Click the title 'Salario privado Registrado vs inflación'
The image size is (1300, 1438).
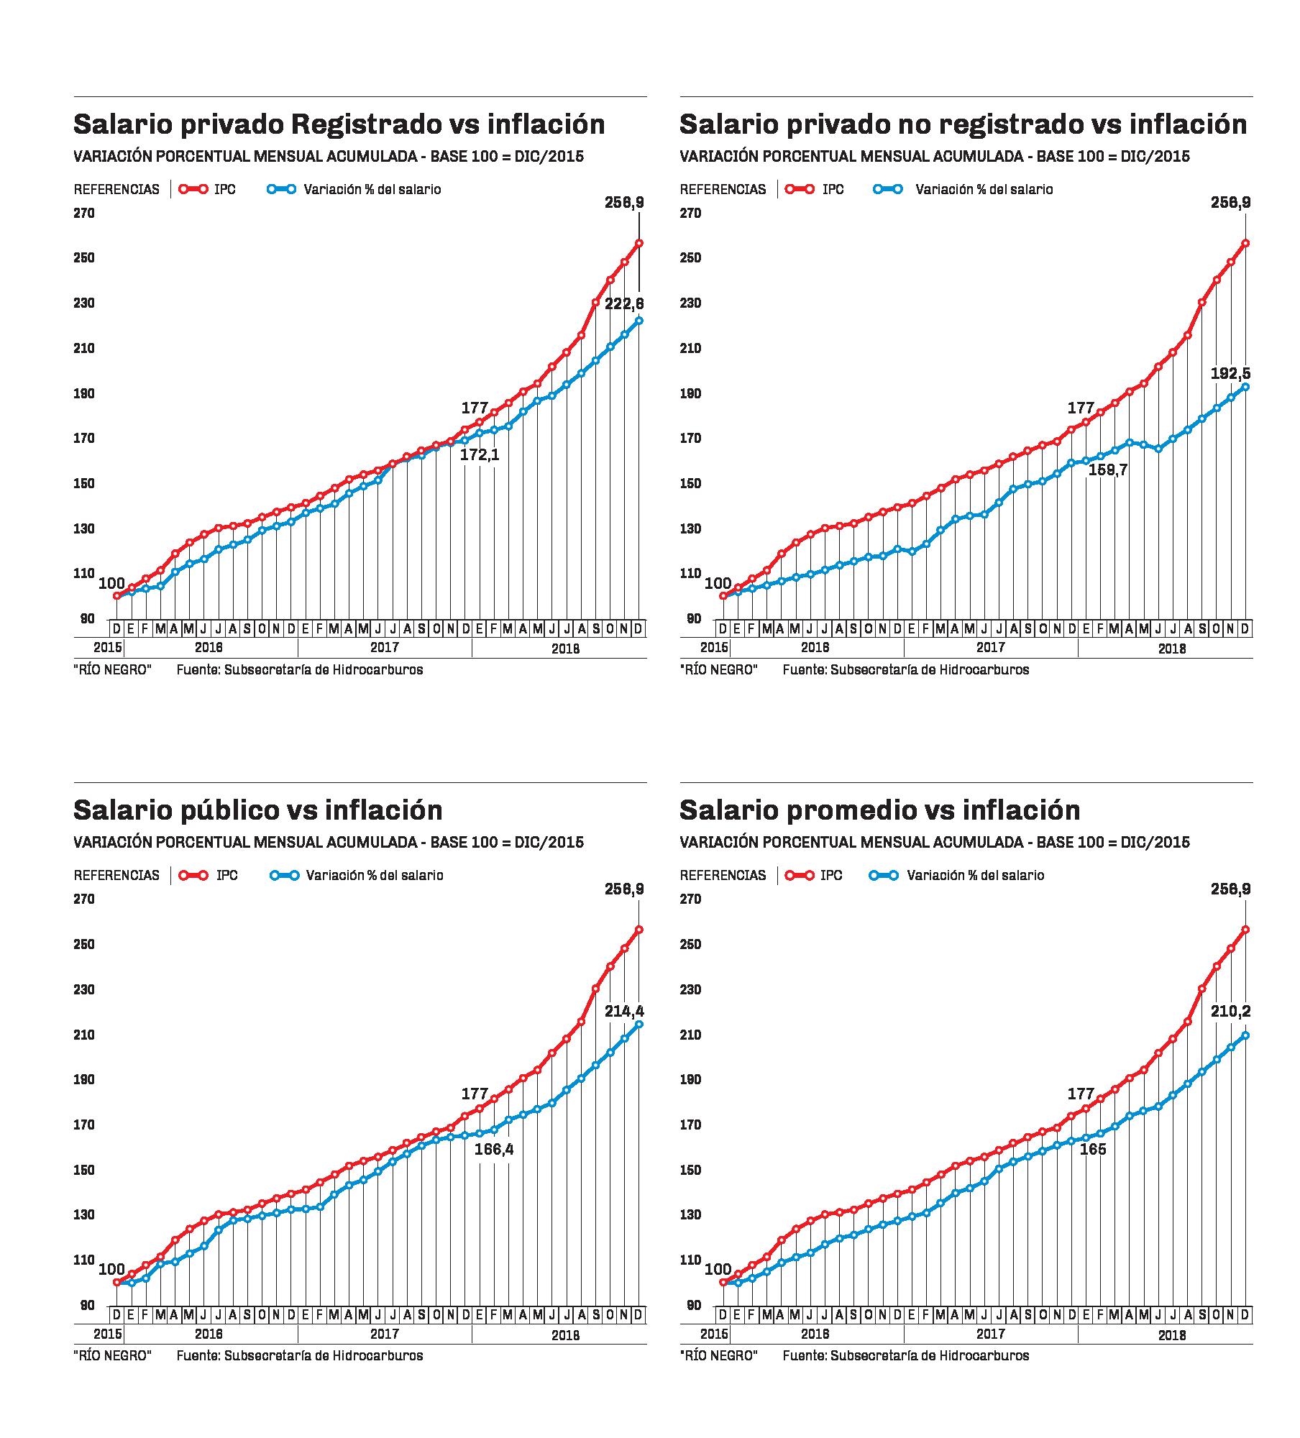pyautogui.click(x=339, y=124)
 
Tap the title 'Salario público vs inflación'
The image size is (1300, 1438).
pyautogui.click(x=257, y=810)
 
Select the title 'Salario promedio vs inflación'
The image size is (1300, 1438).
pyautogui.click(x=879, y=810)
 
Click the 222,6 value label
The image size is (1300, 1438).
pyautogui.click(x=624, y=304)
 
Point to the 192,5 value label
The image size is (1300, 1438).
pyautogui.click(x=1230, y=373)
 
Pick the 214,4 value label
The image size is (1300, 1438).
pyautogui.click(x=624, y=1012)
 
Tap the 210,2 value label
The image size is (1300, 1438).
pyautogui.click(x=1230, y=1012)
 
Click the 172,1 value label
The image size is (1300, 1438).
pyautogui.click(x=480, y=455)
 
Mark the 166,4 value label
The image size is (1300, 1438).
pyautogui.click(x=494, y=1150)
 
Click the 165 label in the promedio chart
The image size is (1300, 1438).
pyautogui.click(x=1093, y=1150)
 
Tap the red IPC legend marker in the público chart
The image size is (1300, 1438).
pyautogui.click(x=194, y=876)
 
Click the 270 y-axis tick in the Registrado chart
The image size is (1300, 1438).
pyautogui.click(x=84, y=214)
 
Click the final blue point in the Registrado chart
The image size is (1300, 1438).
pyautogui.click(x=638, y=321)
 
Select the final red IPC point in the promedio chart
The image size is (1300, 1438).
pyautogui.click(x=1245, y=930)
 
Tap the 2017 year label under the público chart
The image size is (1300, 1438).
pyautogui.click(x=385, y=1334)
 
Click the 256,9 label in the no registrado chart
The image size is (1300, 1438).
pyautogui.click(x=1230, y=203)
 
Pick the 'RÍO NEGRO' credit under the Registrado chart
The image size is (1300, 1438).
pyautogui.click(x=112, y=670)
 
